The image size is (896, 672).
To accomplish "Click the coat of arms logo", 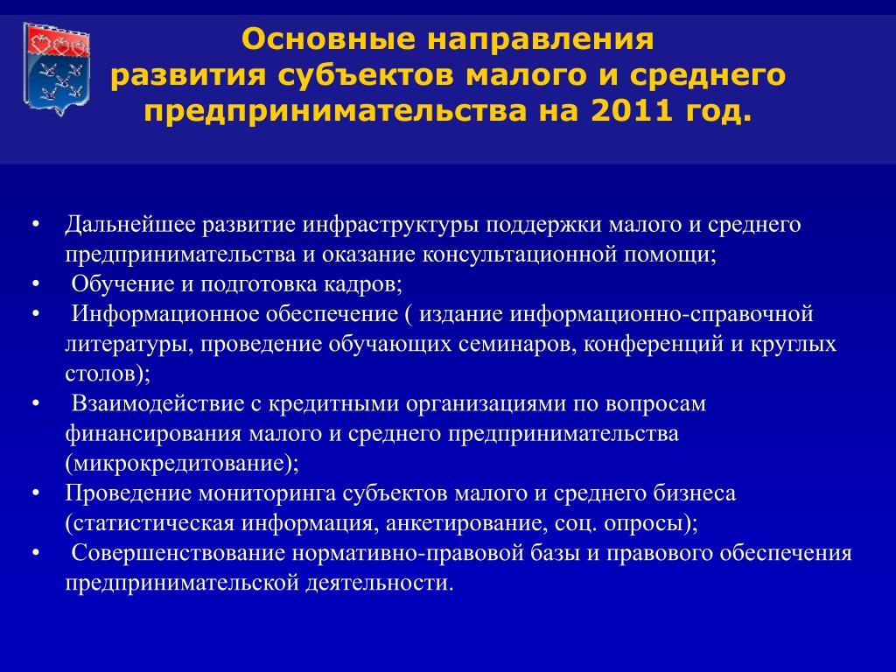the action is coord(56,68).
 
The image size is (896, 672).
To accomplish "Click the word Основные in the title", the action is coord(328,39).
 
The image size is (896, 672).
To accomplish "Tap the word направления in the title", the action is coord(539,40).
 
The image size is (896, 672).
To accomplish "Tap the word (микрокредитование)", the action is coord(182,464).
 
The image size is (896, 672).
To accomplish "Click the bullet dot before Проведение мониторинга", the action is coord(36,493).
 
